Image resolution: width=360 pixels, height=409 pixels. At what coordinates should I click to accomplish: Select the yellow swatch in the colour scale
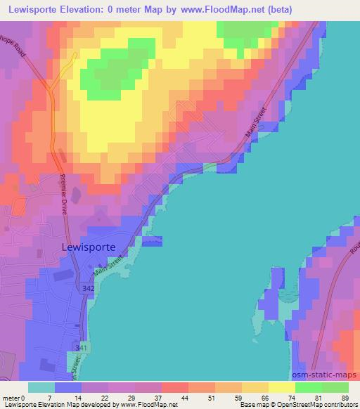coord(281,387)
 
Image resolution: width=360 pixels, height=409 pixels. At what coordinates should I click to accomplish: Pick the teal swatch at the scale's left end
coord(41,387)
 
